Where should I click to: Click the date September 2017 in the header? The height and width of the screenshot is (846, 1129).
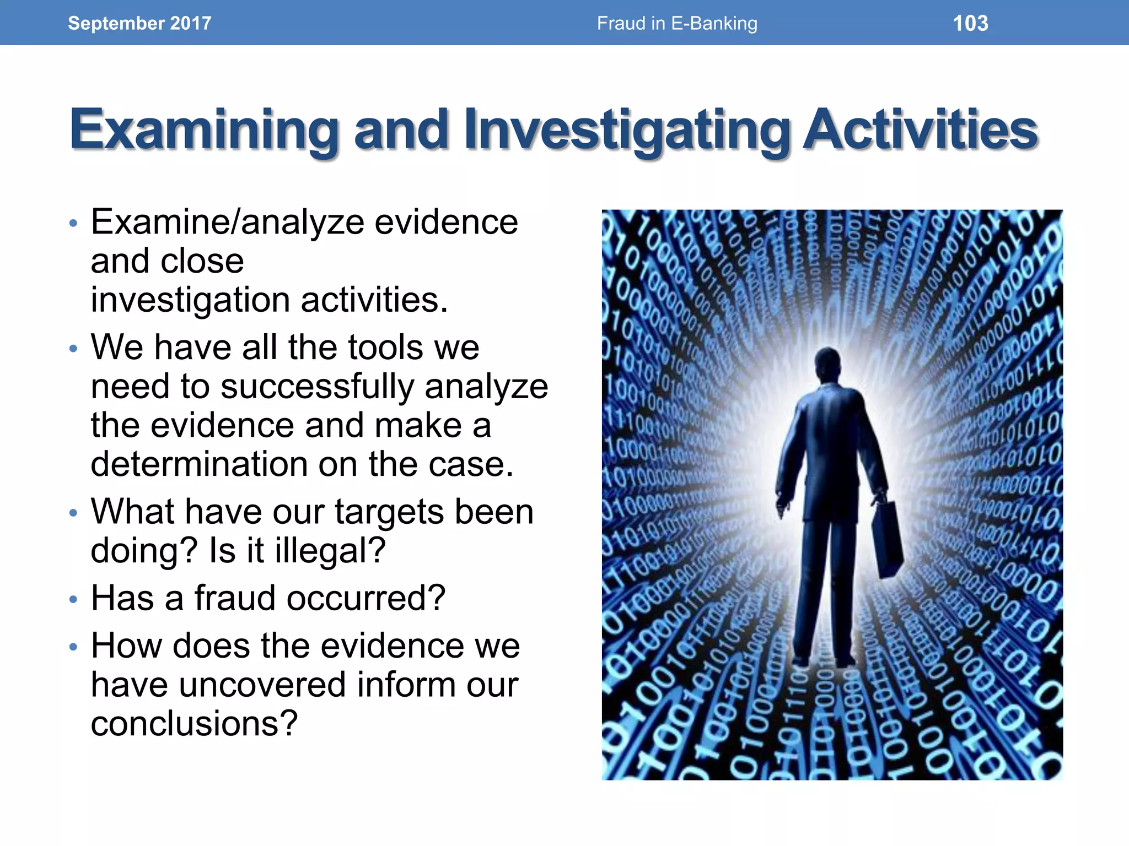coord(139,23)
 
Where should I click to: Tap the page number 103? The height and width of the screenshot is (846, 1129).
coord(970,23)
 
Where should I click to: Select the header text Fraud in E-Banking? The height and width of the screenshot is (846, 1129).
coord(677,23)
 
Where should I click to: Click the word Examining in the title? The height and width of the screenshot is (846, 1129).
coord(204,130)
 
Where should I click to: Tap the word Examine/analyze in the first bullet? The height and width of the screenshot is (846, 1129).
coord(227,223)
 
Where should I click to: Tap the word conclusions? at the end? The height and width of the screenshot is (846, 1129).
coord(194,723)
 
